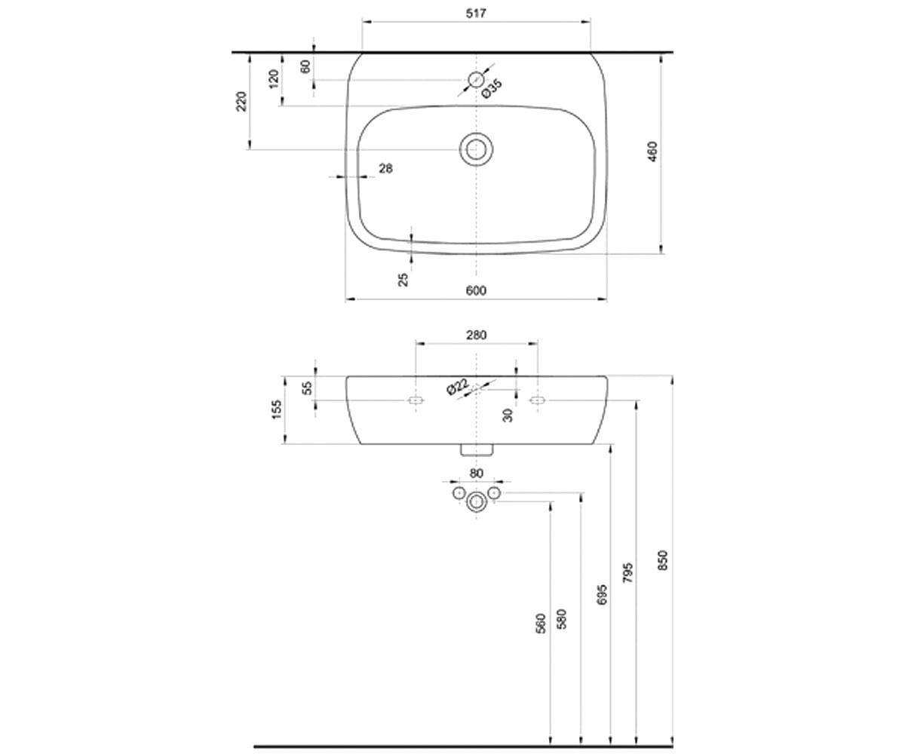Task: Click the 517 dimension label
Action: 476,14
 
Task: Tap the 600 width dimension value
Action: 476,290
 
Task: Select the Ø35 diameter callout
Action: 492,89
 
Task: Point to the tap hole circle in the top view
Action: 476,80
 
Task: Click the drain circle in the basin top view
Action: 477,149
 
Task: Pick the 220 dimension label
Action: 242,101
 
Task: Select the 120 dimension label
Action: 275,79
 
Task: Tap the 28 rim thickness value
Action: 385,168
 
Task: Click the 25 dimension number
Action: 403,280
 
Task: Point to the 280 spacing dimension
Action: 477,335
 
